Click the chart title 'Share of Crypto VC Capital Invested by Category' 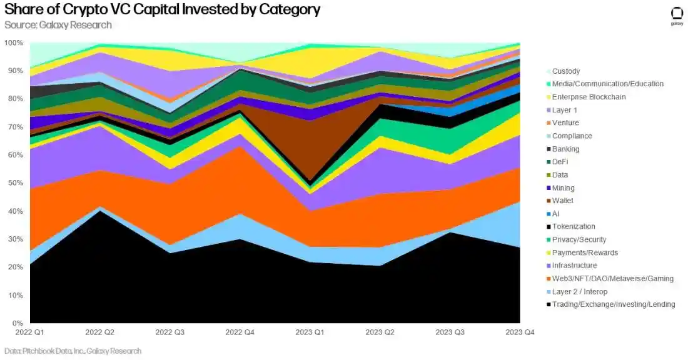click(x=162, y=9)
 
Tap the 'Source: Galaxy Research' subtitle click(x=58, y=25)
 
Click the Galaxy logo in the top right click(x=677, y=16)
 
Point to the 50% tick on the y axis click(x=15, y=183)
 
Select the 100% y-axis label click(x=14, y=43)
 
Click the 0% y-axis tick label click(x=18, y=323)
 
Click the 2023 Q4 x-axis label click(x=520, y=332)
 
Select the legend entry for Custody click(x=565, y=71)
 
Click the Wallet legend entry click(x=563, y=201)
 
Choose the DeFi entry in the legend click(x=560, y=162)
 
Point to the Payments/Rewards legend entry click(x=585, y=252)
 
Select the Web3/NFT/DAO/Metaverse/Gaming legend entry click(x=612, y=278)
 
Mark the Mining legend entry click(x=564, y=187)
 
